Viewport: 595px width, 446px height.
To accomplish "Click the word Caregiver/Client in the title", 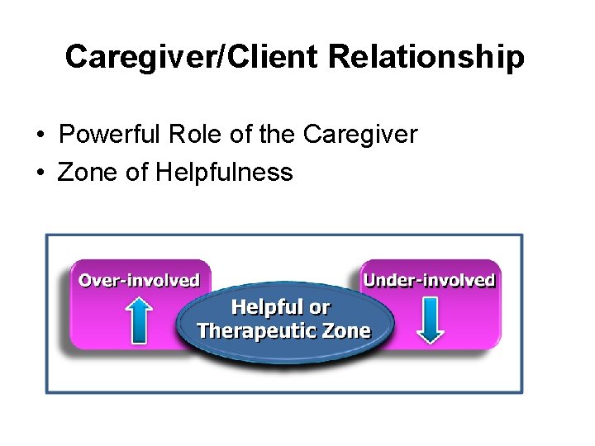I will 192,57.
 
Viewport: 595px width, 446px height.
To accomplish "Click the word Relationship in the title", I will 426,57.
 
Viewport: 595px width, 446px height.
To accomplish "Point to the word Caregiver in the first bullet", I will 360,134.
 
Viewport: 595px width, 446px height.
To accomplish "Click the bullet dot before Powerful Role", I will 40,135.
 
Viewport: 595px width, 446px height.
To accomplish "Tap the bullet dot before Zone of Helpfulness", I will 40,173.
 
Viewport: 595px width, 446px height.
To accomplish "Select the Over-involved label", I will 139,280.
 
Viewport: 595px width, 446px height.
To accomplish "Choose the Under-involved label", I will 429,280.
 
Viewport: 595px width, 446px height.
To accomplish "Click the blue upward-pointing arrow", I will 140,320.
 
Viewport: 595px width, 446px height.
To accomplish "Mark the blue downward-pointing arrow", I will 430,320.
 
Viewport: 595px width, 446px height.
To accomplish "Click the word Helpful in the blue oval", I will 268,307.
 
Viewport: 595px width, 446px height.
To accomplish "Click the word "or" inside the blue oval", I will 320,307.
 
